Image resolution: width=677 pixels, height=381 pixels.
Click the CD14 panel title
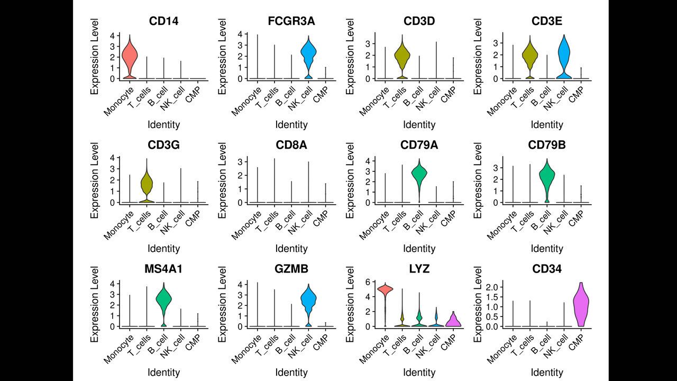tap(163, 22)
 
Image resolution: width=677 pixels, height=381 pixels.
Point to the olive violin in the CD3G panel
tap(147, 184)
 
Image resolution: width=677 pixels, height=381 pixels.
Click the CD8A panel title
tap(291, 146)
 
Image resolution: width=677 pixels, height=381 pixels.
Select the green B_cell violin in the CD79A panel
tap(419, 175)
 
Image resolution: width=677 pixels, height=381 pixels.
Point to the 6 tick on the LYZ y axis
tap(367, 282)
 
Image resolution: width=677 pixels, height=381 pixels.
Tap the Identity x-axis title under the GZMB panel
tap(291, 373)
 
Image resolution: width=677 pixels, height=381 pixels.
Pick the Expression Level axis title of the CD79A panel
tap(351, 180)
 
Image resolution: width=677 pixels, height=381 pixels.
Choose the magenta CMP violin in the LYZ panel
tap(453, 320)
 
